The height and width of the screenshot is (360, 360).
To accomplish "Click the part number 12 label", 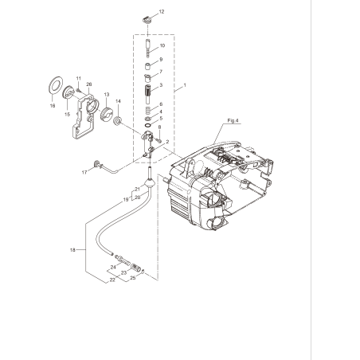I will click(x=162, y=12).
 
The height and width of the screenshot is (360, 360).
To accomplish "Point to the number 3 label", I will click(x=162, y=85).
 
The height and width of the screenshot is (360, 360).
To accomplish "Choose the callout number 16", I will click(x=53, y=104).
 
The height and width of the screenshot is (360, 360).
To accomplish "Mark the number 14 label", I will click(x=118, y=100).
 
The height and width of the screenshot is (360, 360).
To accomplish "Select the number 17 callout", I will click(x=84, y=171).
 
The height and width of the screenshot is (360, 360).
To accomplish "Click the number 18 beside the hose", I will click(x=72, y=250).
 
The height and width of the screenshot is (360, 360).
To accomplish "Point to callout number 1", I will click(x=185, y=84).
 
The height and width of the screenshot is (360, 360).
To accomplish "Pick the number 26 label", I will click(x=89, y=84).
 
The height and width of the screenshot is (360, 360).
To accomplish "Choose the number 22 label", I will click(x=112, y=280).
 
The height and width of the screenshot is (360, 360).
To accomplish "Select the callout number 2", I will click(x=167, y=140).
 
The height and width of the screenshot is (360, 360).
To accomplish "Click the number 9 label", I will click(x=161, y=60).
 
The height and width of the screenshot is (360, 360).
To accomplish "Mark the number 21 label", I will click(x=136, y=189).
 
